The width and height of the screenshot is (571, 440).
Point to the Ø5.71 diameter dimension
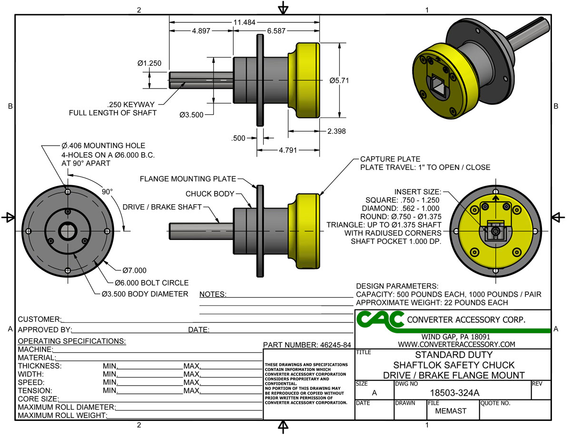pos(339,80)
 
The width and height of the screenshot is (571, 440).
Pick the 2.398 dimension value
pos(336,131)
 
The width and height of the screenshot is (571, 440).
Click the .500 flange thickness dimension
pos(238,138)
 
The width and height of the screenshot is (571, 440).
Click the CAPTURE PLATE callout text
pos(390,159)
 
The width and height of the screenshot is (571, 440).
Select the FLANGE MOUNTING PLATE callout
pos(188,179)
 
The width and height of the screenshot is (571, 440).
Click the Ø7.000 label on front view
pos(134,270)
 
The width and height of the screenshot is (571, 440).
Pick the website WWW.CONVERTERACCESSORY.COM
pos(456,344)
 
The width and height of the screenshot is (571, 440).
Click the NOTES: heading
pos(213,294)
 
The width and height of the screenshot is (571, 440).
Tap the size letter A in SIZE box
pos(374,393)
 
